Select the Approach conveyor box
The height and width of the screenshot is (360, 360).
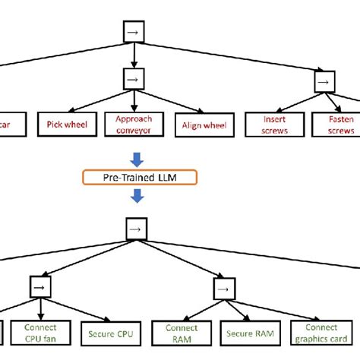tap(134, 125)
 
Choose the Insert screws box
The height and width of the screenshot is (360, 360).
tap(274, 125)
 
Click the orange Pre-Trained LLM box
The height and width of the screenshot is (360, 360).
tap(140, 178)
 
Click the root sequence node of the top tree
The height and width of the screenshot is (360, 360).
tap(134, 31)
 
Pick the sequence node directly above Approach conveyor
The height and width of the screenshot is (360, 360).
tap(134, 78)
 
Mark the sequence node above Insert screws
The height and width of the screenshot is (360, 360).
tap(324, 81)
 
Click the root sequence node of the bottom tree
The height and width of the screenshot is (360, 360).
tap(134, 228)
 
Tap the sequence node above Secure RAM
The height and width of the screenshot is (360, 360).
tap(222, 289)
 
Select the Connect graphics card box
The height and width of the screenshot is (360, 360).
tap(324, 332)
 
